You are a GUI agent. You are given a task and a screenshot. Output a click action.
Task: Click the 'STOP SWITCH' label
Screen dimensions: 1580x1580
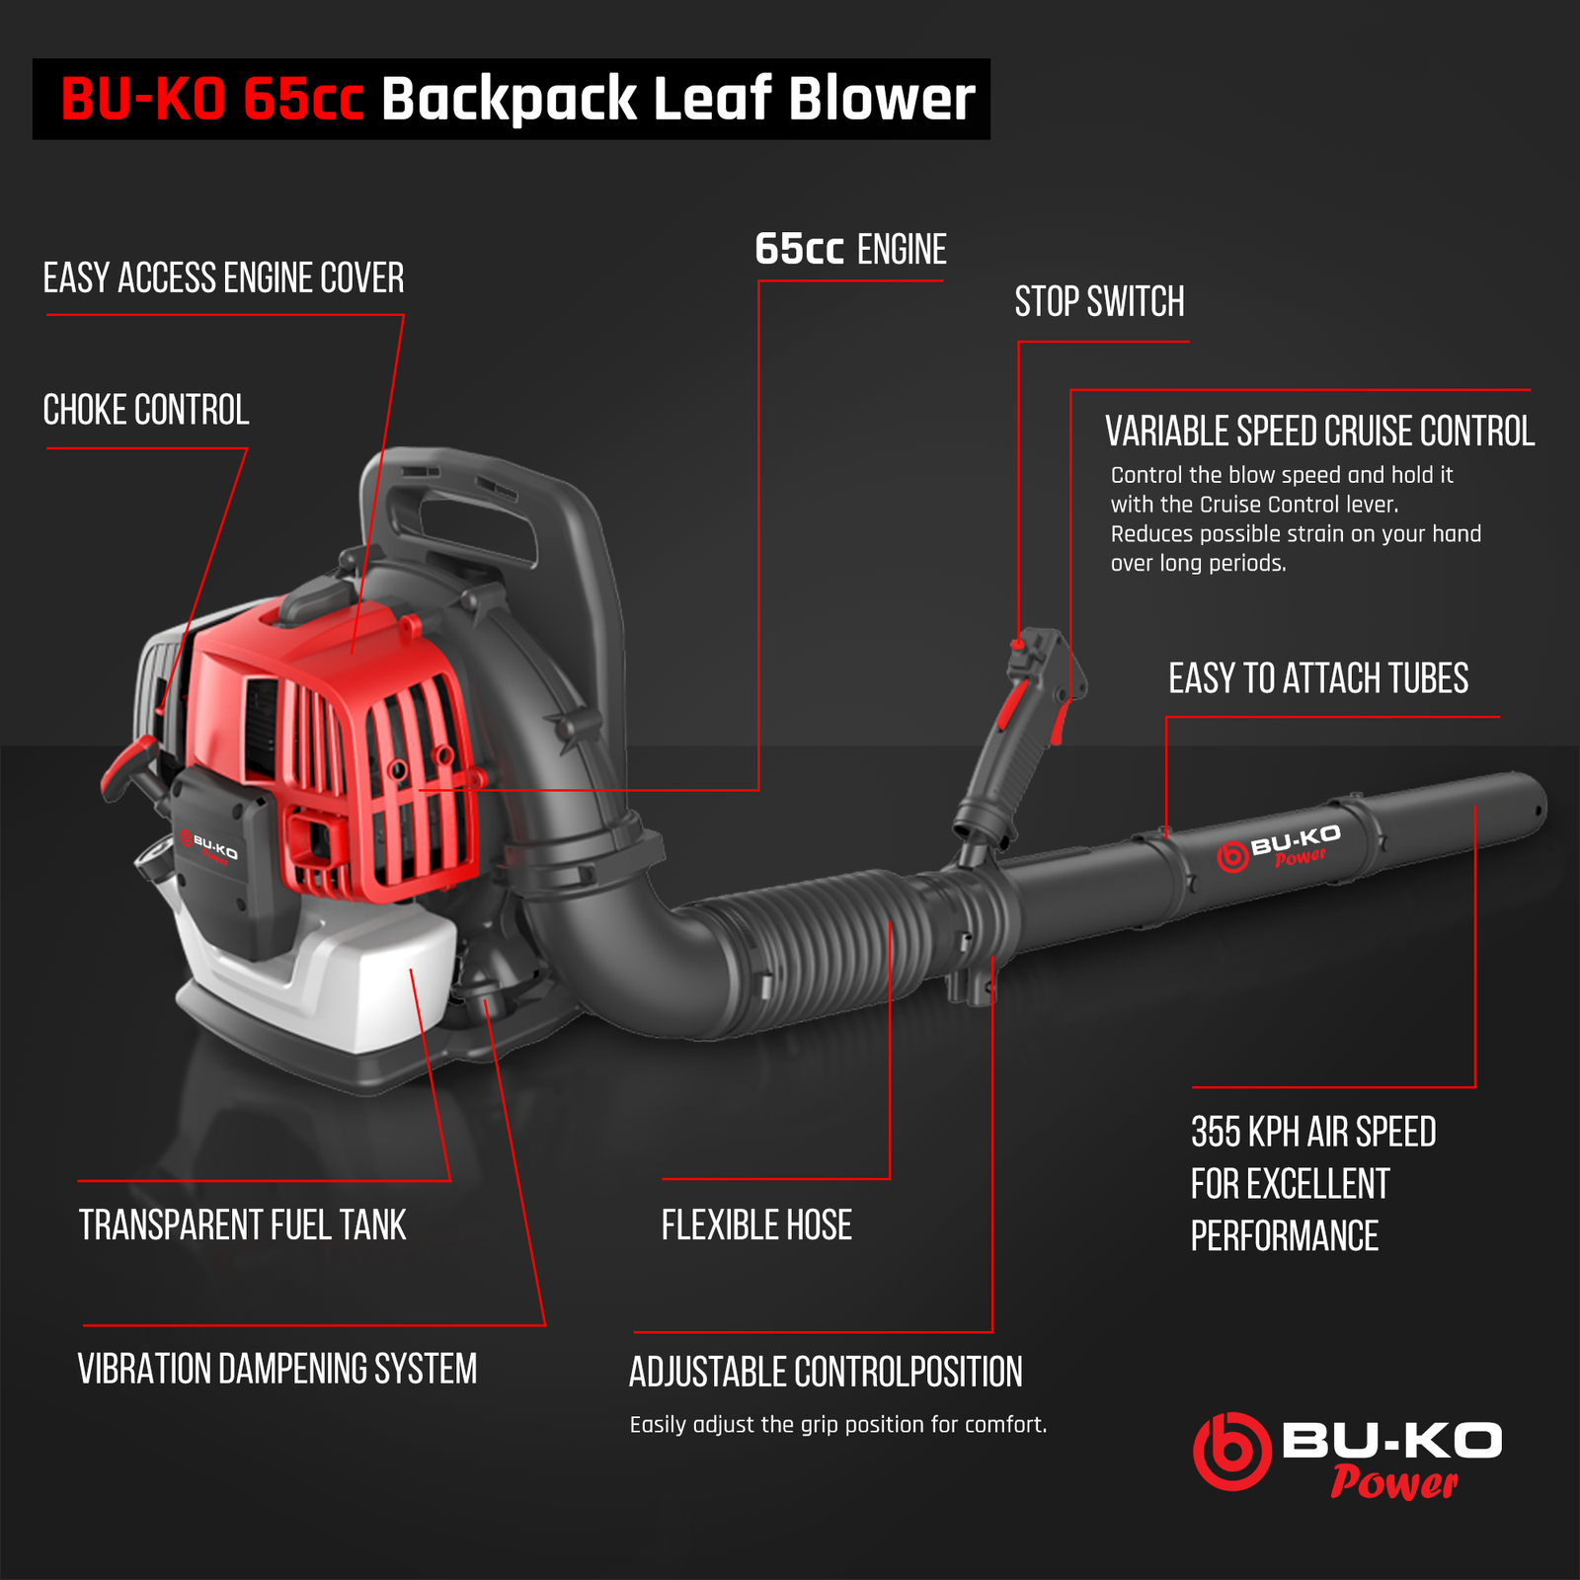tap(1099, 302)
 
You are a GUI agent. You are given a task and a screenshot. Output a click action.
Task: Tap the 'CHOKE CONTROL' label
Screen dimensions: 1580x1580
tap(145, 411)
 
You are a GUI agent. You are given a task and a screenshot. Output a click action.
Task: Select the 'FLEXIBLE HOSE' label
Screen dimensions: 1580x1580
tap(756, 1225)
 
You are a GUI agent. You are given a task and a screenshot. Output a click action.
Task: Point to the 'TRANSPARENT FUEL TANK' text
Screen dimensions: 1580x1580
tap(242, 1225)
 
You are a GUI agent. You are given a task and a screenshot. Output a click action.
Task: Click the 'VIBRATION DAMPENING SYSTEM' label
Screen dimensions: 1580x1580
tap(277, 1370)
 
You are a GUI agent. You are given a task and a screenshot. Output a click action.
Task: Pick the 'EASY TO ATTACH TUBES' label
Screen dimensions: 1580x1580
tap(1318, 679)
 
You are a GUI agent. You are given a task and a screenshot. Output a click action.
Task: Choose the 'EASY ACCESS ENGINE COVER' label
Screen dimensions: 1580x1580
tap(223, 278)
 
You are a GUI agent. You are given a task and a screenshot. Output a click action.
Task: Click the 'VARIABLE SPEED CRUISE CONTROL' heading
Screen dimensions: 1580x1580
tap(1319, 432)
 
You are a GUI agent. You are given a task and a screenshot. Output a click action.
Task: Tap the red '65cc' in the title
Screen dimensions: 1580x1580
tap(303, 99)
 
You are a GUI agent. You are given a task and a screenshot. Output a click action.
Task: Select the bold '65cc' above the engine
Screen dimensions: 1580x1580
tap(799, 250)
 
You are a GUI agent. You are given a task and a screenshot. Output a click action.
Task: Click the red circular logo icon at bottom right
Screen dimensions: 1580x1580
tap(1231, 1451)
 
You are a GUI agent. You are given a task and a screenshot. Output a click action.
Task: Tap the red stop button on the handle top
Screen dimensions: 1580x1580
tap(1017, 645)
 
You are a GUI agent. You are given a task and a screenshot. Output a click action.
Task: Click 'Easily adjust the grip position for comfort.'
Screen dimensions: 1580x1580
tap(838, 1425)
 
